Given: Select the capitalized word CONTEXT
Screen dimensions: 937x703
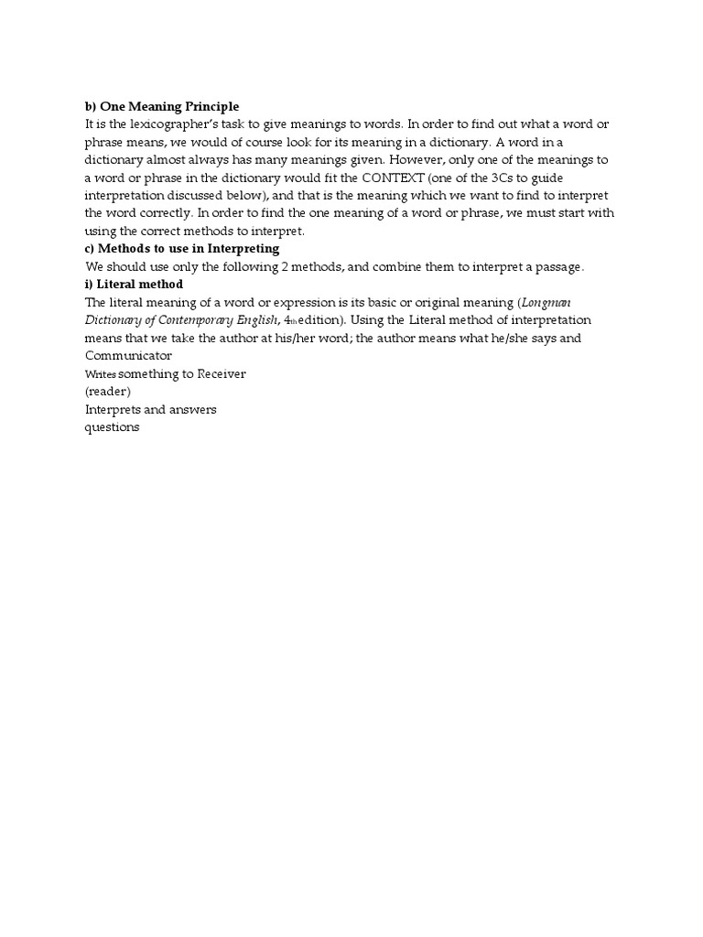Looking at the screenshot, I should pyautogui.click(x=393, y=178).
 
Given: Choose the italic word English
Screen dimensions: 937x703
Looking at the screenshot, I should pyautogui.click(x=256, y=320).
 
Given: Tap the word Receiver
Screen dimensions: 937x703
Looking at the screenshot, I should pyautogui.click(x=222, y=373).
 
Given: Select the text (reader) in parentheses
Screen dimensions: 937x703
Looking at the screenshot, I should pyautogui.click(x=108, y=392).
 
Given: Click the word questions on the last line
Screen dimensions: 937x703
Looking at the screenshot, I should pyautogui.click(x=112, y=427).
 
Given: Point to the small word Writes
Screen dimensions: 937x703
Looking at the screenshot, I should pyautogui.click(x=100, y=375).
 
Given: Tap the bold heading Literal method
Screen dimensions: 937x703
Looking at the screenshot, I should pyautogui.click(x=140, y=285).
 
